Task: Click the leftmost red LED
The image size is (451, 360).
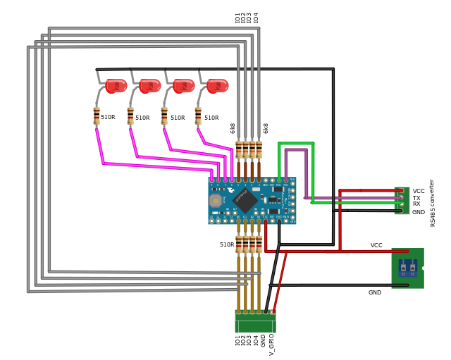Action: [x=116, y=86]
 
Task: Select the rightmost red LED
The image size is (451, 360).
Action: [x=217, y=86]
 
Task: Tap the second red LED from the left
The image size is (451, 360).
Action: [x=149, y=86]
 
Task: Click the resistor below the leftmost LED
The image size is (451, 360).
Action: [x=97, y=116]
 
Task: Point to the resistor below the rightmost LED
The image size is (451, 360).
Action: [x=198, y=116]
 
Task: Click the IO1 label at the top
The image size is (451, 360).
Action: [x=238, y=18]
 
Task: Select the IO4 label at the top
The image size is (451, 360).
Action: [x=257, y=18]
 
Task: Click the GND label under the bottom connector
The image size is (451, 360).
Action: [x=264, y=340]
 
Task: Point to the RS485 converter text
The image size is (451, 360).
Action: [x=433, y=202]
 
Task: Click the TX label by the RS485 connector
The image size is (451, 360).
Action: [x=416, y=198]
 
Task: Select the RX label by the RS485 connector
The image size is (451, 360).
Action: [x=416, y=204]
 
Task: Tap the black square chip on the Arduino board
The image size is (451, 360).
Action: [x=245, y=200]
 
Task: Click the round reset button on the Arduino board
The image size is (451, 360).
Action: [x=215, y=201]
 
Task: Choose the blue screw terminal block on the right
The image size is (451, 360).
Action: [x=407, y=267]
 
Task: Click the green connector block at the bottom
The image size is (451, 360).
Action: [x=255, y=321]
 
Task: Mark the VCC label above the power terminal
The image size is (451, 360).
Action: [x=376, y=246]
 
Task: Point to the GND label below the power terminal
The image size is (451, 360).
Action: [x=374, y=292]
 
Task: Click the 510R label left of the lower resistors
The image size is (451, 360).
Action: [x=226, y=245]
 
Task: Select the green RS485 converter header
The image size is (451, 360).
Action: [x=402, y=200]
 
